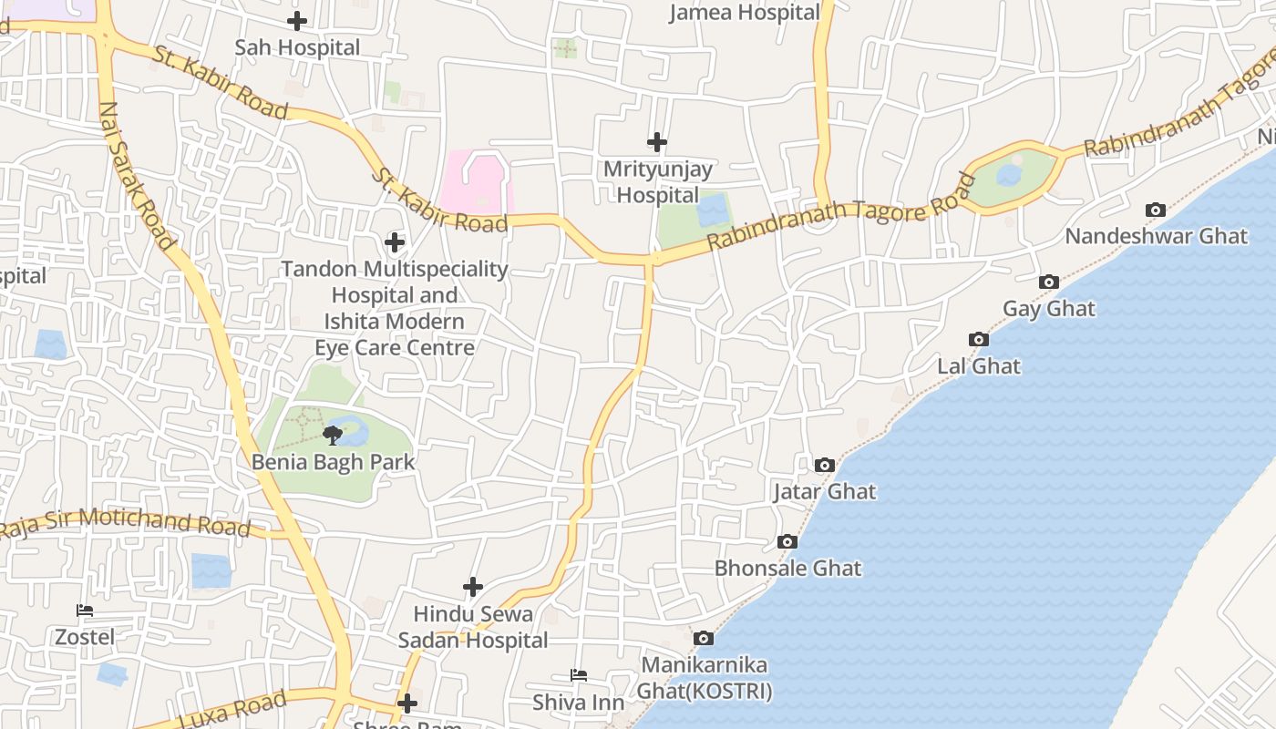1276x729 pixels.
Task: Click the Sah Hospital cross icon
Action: pos(297,20)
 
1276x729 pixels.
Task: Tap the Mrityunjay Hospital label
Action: pos(657,182)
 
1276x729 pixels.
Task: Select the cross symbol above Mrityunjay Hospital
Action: pos(657,142)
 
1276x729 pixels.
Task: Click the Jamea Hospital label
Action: pos(745,13)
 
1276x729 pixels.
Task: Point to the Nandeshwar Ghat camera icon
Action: pos(1155,210)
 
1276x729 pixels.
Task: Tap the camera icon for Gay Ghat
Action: pos(1049,282)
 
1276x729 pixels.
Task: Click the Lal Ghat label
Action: pos(979,366)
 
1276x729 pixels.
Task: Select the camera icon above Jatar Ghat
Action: pos(824,466)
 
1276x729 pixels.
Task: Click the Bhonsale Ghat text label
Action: pos(787,569)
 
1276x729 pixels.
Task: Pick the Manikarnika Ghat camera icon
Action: pos(703,639)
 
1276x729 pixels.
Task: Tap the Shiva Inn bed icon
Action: pos(579,675)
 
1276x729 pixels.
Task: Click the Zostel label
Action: pos(85,637)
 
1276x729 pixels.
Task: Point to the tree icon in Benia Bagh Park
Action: pos(333,435)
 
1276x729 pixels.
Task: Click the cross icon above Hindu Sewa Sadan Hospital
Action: pos(472,587)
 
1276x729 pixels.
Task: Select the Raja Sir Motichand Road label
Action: pos(126,522)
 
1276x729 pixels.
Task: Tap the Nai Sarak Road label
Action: pos(136,175)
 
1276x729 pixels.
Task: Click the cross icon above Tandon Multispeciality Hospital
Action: pos(395,242)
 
